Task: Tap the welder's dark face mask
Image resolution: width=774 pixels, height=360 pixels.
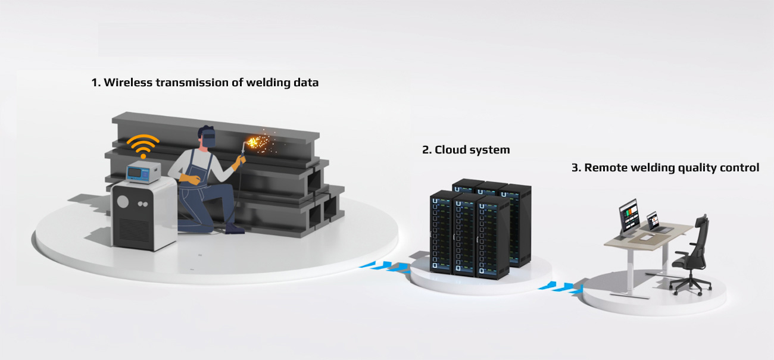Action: (x=208, y=139)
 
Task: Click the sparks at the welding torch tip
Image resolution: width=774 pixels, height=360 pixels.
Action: (x=260, y=143)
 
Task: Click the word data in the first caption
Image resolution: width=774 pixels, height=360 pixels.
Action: (x=305, y=83)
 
